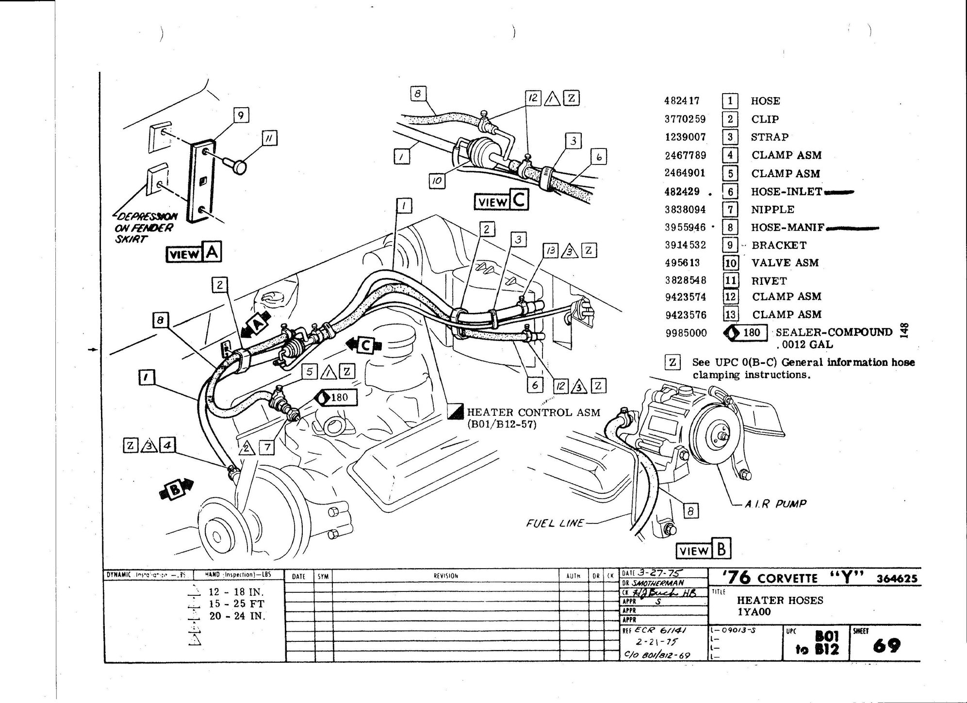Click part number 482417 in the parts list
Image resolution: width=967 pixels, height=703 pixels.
point(681,101)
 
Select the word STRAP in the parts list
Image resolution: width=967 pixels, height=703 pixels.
point(770,137)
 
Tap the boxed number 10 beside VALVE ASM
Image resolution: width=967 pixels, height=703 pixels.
point(730,263)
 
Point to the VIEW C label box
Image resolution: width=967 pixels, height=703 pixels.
point(501,201)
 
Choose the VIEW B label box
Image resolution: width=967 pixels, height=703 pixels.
point(704,550)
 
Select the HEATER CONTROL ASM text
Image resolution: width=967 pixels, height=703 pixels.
point(533,412)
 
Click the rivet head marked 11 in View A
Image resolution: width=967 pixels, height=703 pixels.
point(237,167)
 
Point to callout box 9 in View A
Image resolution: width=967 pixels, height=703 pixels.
point(241,115)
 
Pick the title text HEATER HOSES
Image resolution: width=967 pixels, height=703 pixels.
point(780,600)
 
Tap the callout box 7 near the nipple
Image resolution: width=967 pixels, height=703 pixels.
point(267,447)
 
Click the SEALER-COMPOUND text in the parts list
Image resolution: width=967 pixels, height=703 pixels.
point(834,332)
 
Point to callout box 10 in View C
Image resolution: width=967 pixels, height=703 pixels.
point(437,181)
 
